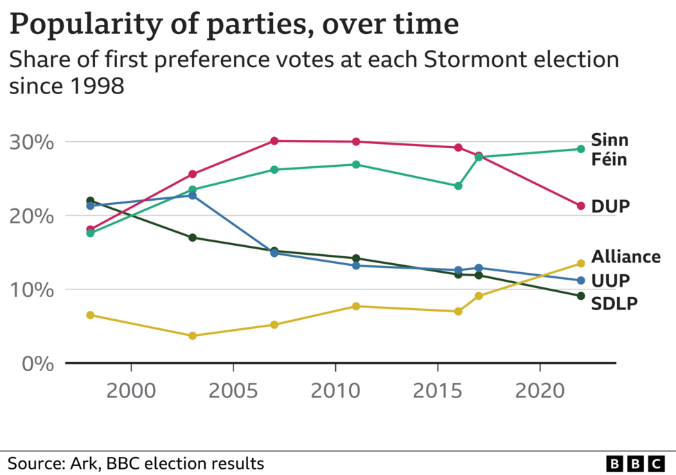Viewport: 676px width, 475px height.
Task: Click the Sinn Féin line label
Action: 609,150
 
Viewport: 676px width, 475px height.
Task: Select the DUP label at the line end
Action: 610,206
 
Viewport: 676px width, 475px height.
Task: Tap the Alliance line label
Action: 625,257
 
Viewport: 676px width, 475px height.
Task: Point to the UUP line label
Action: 610,280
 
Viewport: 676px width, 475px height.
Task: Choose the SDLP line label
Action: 614,303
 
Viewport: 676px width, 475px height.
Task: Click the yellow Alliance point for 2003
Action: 193,336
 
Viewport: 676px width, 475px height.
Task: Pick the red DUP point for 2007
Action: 274,141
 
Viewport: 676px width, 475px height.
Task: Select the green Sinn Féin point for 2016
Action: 458,186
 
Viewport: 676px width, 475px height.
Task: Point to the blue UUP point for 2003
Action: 193,195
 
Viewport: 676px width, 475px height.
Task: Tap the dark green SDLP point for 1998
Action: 90,201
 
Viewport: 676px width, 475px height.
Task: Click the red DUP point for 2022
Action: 581,206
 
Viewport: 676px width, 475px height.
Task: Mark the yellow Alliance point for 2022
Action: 581,263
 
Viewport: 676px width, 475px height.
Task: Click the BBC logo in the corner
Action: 634,463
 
